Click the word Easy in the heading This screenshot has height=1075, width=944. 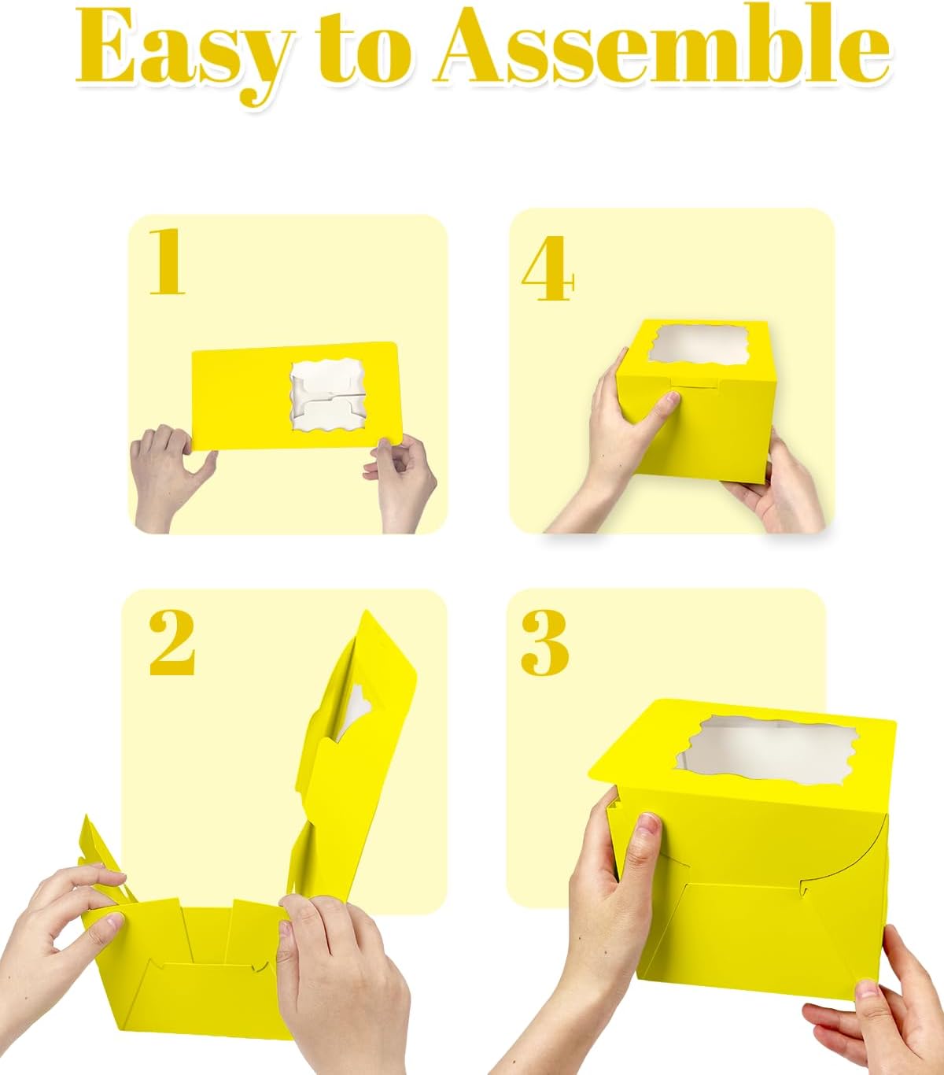pyautogui.click(x=186, y=53)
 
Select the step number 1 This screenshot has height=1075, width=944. pyautogui.click(x=167, y=260)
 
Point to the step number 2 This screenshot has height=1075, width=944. pyautogui.click(x=171, y=642)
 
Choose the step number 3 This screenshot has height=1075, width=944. pyautogui.click(x=545, y=642)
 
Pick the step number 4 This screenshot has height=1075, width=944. pyautogui.click(x=548, y=268)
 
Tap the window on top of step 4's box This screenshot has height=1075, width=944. pyautogui.click(x=699, y=345)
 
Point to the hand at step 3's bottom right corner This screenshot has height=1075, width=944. pyautogui.click(x=875, y=1003)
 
